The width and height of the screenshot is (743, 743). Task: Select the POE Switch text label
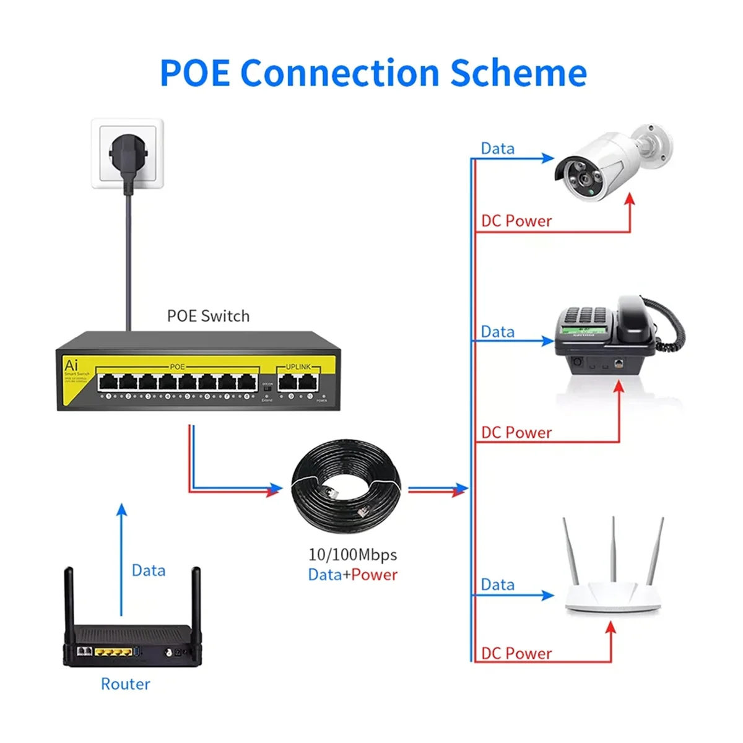point(208,316)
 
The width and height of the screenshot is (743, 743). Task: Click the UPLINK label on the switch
point(298,367)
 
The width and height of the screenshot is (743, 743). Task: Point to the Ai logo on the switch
point(71,365)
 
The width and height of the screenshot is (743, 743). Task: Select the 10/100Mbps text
point(352,555)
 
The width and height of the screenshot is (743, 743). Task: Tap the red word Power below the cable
point(375,575)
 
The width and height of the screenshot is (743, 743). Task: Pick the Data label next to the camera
point(498,149)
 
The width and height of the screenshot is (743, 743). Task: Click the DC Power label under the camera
point(516,221)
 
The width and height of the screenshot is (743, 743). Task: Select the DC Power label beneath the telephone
point(516,433)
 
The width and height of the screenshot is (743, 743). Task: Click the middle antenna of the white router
point(613,548)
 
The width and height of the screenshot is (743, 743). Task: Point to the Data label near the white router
point(498,585)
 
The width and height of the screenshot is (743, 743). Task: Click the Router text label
point(125,684)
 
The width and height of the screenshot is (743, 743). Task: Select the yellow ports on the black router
point(113,652)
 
